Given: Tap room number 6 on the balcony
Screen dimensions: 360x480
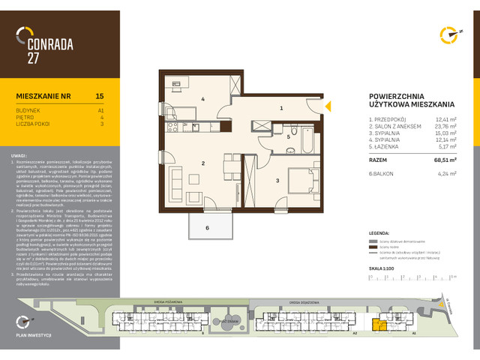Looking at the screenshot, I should tap(207, 227).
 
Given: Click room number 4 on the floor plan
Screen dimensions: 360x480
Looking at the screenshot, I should tap(202, 99).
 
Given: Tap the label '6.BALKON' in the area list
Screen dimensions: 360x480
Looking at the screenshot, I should tap(382, 174).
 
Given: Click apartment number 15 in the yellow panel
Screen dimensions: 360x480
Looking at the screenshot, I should tap(100, 96).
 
